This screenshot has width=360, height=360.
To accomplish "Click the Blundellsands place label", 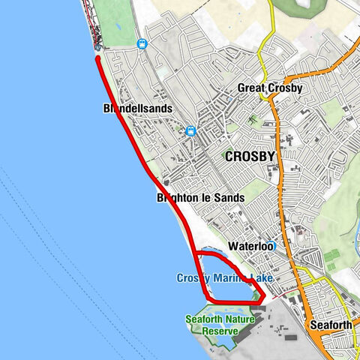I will [x=138, y=109].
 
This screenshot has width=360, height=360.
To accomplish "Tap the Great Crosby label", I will [x=268, y=88].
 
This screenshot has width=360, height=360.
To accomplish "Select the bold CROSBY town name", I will [x=250, y=156].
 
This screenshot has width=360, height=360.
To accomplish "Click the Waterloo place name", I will [x=250, y=245].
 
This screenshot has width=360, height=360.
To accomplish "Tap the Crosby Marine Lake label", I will [x=225, y=278].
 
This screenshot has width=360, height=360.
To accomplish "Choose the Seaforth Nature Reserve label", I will [x=220, y=325].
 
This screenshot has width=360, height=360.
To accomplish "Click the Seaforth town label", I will [x=331, y=325].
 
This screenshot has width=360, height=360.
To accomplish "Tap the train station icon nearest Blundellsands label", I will [x=190, y=131].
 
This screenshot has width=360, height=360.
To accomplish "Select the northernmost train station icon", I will [x=141, y=44].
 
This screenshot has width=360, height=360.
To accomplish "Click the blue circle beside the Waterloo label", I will [x=274, y=245].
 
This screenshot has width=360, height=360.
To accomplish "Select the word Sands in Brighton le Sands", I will [x=229, y=198].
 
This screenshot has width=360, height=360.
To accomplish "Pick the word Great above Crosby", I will [x=251, y=88].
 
